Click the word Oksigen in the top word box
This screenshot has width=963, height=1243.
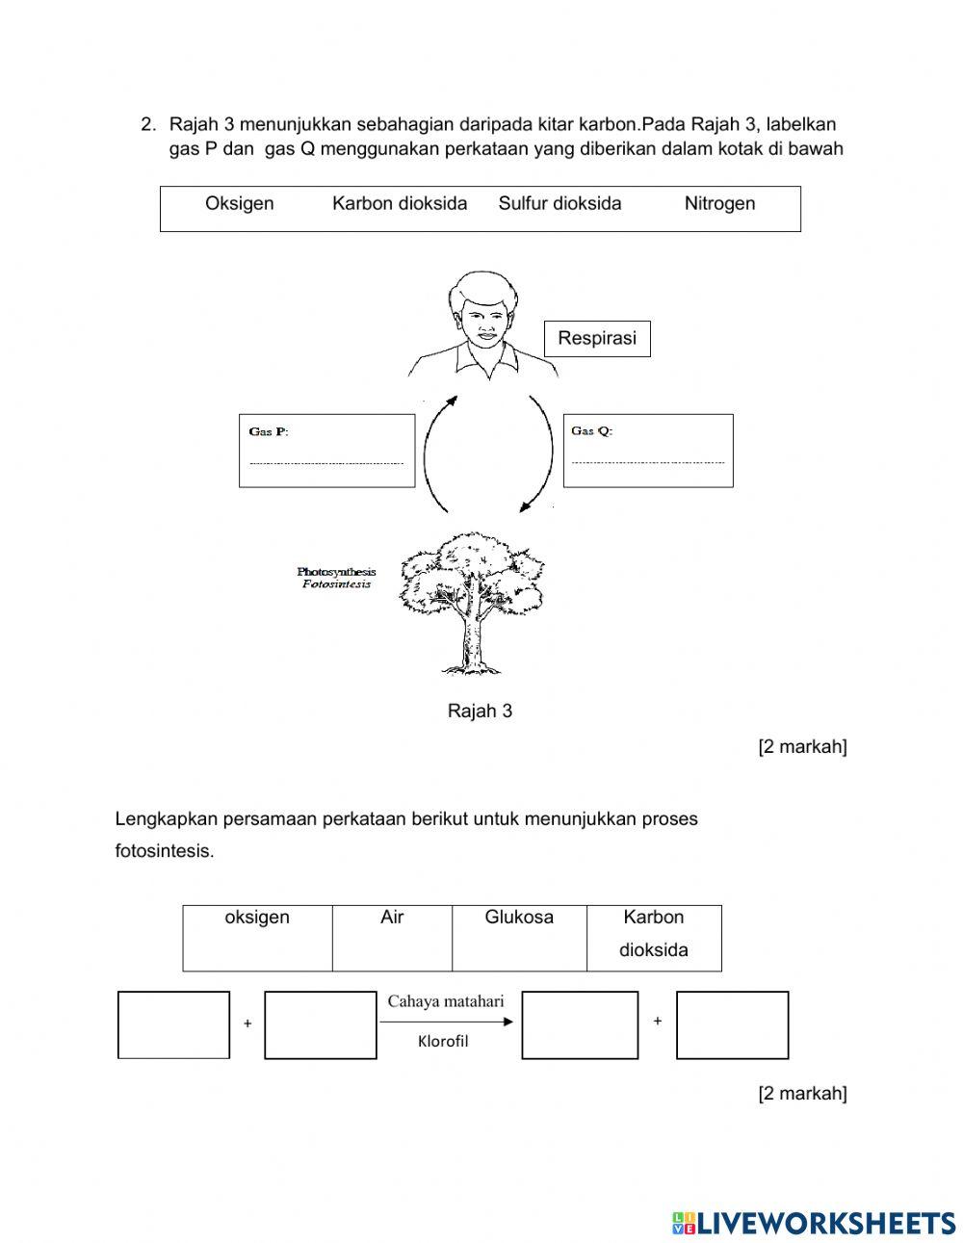[x=239, y=203]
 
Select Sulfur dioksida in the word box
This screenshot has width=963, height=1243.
[x=560, y=203]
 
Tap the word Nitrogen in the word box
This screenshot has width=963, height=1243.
[x=719, y=203]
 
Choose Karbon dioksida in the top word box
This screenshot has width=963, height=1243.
[x=400, y=203]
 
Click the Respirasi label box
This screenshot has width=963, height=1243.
[x=597, y=339]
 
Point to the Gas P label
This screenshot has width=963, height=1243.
[x=269, y=431]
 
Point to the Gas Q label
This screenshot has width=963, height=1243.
[x=591, y=430]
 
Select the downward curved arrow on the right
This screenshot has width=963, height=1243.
[x=544, y=453]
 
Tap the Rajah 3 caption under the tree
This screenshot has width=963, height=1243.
[x=480, y=711]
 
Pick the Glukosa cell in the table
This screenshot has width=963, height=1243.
[x=519, y=918]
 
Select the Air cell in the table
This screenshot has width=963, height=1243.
[x=392, y=918]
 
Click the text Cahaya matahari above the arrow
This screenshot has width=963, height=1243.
[x=446, y=1001]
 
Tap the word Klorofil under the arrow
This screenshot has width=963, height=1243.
[x=443, y=1041]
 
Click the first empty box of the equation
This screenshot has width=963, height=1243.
[x=174, y=1025]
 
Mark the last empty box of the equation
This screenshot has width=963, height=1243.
[x=732, y=1025]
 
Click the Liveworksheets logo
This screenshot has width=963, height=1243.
[x=814, y=1223]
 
